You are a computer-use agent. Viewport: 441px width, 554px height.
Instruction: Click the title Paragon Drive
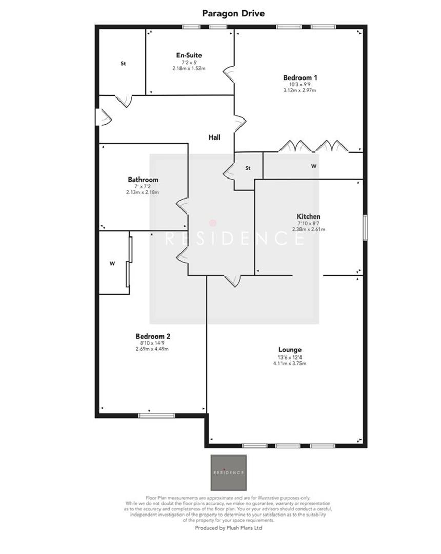pyautogui.click(x=233, y=13)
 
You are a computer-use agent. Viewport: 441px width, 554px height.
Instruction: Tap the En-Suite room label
pyautogui.click(x=189, y=55)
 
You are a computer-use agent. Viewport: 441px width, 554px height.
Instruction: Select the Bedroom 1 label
pyautogui.click(x=299, y=77)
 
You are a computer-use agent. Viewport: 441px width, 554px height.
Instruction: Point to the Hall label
pyautogui.click(x=215, y=137)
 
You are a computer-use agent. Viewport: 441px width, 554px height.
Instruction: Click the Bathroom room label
pyautogui.click(x=143, y=180)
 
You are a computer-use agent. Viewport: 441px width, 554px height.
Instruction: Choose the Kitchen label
pyautogui.click(x=309, y=216)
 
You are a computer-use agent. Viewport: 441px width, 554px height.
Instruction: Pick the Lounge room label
pyautogui.click(x=290, y=350)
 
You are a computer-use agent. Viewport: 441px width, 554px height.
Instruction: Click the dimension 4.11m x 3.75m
pyautogui.click(x=290, y=363)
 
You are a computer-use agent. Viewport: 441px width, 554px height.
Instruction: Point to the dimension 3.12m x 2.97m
pyautogui.click(x=299, y=90)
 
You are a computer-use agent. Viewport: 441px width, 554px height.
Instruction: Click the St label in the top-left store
pyautogui.click(x=123, y=64)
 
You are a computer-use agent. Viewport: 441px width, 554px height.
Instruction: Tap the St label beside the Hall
pyautogui.click(x=248, y=168)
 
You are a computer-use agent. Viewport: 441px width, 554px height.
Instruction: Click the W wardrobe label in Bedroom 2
pyautogui.click(x=112, y=263)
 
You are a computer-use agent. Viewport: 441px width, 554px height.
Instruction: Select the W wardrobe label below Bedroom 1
pyautogui.click(x=313, y=166)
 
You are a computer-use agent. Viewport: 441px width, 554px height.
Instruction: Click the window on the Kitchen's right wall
pyautogui.click(x=365, y=227)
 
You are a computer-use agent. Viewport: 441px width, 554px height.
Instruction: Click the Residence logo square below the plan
pyautogui.click(x=229, y=472)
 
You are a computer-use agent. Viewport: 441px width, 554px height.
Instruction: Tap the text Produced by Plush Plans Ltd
pyautogui.click(x=229, y=527)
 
